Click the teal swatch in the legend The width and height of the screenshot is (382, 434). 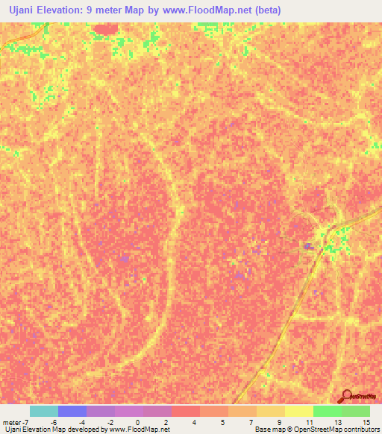[44, 411]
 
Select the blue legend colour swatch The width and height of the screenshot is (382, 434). [72, 411]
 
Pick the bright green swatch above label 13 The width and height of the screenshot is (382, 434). [328, 411]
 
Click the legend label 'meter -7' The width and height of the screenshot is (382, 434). [15, 422]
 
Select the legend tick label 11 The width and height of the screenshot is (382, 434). [309, 422]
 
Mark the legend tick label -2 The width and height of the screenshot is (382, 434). [110, 422]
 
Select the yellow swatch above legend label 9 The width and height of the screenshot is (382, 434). [271, 411]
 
